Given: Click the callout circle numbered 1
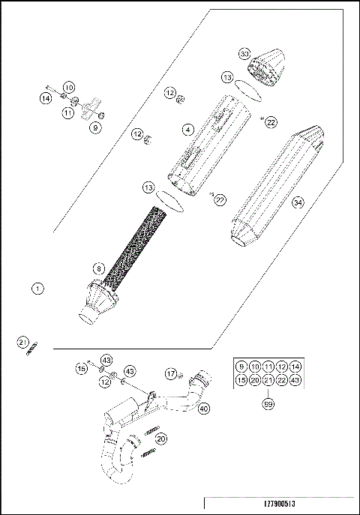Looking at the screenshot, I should [x=37, y=287].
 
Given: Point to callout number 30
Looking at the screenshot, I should [x=244, y=55].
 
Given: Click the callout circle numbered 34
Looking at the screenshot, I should [x=298, y=202].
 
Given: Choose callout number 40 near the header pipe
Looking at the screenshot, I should [x=203, y=408].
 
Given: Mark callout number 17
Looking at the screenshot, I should [x=172, y=373].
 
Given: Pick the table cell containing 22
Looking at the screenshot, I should [x=282, y=380].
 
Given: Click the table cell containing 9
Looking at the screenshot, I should [x=240, y=366].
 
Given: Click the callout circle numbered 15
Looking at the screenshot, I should [x=81, y=369].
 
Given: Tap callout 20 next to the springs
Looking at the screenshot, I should [x=161, y=439].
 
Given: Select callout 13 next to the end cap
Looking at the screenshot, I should [x=227, y=77].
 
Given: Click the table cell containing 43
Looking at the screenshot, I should [x=296, y=380].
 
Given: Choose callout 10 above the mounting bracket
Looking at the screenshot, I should [x=68, y=88].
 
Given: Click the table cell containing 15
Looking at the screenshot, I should [x=240, y=380].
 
